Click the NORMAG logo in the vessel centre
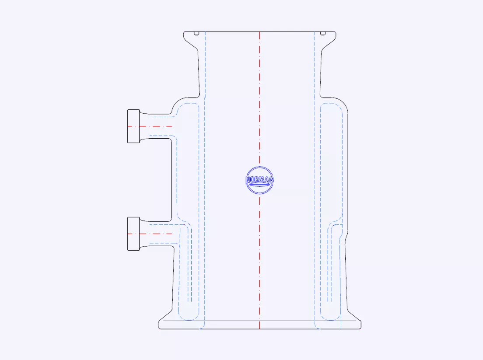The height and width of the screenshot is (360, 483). pyautogui.click(x=259, y=180)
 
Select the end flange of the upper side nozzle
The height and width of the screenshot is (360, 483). pyautogui.click(x=133, y=126)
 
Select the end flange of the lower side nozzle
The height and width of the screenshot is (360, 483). pyautogui.click(x=133, y=234)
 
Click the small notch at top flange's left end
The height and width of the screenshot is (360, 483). pyautogui.click(x=197, y=33)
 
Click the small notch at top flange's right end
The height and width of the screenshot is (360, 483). pyautogui.click(x=322, y=33)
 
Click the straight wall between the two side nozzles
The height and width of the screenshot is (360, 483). pyautogui.click(x=171, y=179)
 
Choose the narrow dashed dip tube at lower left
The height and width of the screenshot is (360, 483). pyautogui.click(x=190, y=267)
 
